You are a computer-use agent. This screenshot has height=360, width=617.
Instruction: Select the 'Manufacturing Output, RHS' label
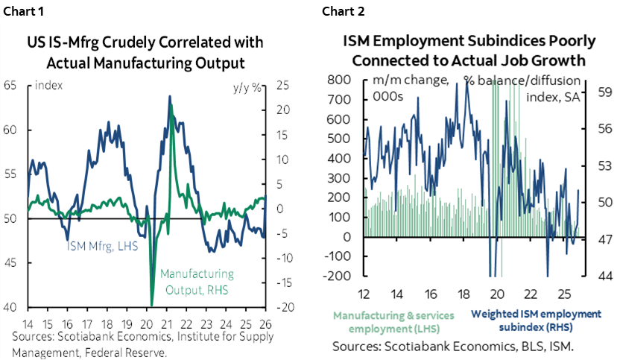197,281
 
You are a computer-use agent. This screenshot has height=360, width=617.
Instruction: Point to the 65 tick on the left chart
11,85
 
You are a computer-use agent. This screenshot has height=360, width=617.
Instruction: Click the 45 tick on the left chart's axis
11,262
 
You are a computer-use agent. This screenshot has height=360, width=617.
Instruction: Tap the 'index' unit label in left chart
48,86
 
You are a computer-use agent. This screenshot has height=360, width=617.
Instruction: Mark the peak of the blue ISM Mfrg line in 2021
170,96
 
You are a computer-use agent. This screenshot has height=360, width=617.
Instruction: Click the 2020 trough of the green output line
152,304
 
